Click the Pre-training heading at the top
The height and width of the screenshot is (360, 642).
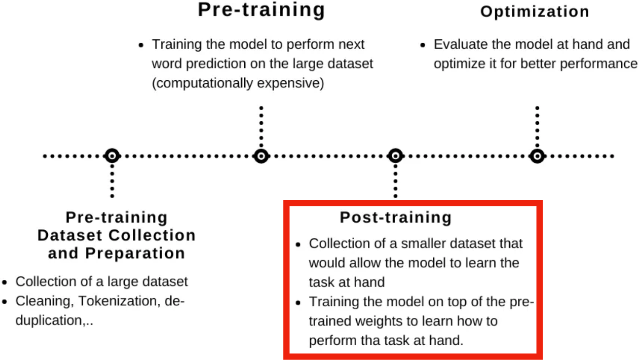pos(262,10)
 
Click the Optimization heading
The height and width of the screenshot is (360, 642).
pos(535,12)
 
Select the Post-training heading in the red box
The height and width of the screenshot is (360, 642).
pos(396,217)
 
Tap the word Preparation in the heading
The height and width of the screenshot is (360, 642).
pos(135,253)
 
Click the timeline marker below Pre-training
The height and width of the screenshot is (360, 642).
pos(261,156)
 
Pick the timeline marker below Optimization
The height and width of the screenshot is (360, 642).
pos(537,156)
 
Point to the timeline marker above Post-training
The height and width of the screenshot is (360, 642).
pos(396,156)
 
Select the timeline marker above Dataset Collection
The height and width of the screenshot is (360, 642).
pos(112,156)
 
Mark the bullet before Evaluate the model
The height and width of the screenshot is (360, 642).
pos(423,45)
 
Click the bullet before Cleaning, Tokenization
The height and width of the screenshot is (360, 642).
pos(5,302)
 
